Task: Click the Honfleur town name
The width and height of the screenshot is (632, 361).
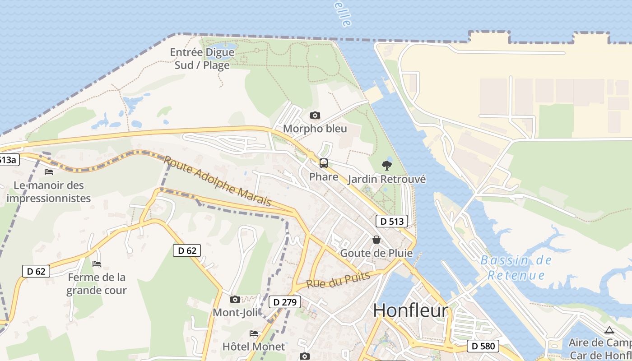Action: point(410,310)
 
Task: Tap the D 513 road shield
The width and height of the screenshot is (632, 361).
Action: point(391,221)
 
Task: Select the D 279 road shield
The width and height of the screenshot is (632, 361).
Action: point(284,302)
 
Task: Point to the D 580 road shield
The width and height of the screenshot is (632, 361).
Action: point(483,346)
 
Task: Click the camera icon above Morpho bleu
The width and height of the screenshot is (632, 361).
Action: point(315,116)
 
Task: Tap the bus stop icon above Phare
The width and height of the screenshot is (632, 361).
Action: point(324,163)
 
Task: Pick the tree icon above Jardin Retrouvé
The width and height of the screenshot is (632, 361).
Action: point(386,166)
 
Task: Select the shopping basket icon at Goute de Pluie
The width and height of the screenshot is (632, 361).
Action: point(376,240)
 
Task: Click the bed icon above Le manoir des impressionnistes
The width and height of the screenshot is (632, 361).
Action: point(49,172)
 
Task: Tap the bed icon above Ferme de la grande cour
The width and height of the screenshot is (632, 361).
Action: point(96,264)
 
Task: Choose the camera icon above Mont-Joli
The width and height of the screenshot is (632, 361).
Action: point(235,299)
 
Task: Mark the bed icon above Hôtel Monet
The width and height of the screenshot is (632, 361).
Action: point(254,333)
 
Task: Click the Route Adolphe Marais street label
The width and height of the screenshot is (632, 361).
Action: point(217,181)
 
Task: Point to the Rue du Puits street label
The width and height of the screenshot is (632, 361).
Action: point(338,280)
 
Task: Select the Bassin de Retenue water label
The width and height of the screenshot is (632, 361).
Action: point(516,267)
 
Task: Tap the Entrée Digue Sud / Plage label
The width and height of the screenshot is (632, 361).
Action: point(202,59)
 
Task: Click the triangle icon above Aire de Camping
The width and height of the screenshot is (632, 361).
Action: point(609,330)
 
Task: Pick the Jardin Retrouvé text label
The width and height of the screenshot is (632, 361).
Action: point(386,179)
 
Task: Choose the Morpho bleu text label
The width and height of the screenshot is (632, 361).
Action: point(315,129)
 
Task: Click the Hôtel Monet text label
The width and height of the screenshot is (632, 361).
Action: point(254,347)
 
